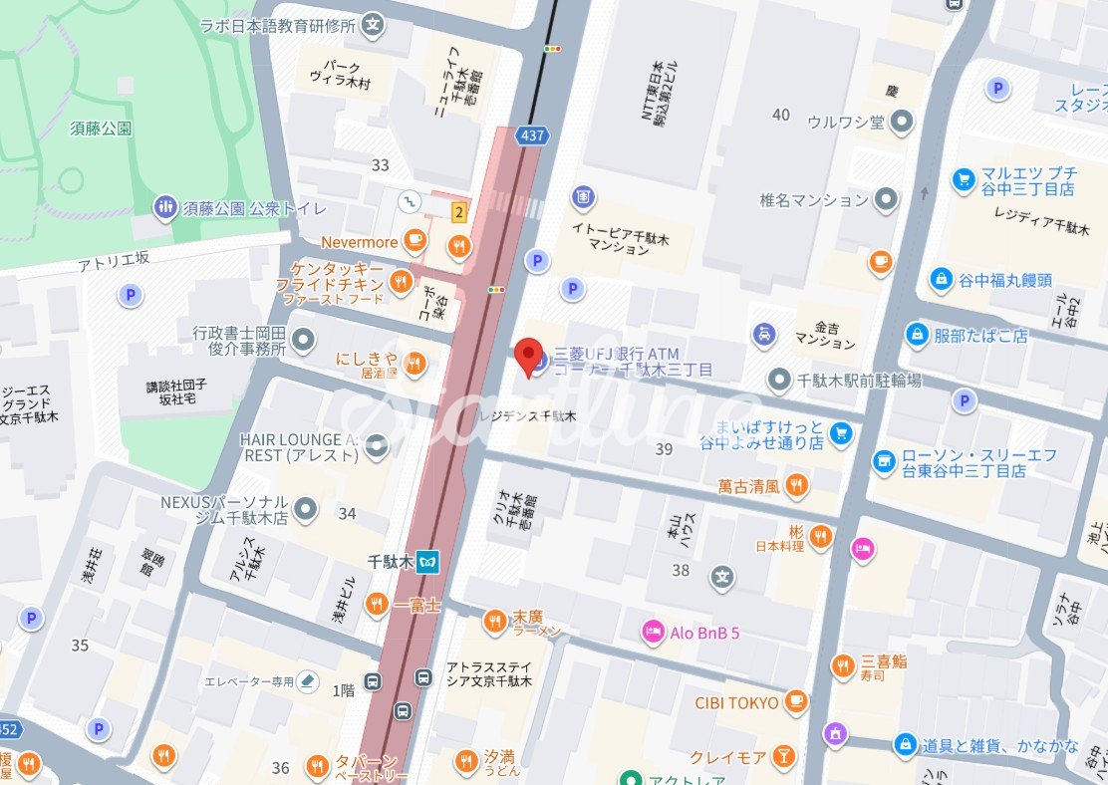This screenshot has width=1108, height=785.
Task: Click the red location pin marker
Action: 528,357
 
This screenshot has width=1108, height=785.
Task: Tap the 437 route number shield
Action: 529,133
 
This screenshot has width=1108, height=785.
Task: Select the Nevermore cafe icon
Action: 415,240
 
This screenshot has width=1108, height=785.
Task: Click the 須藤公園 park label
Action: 102,128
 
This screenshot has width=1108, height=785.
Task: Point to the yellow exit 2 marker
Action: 458,211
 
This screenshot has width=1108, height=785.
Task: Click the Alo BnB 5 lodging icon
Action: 654,632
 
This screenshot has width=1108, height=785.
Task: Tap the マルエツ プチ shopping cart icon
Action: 963,179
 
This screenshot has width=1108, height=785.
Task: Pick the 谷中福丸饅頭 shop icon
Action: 940,280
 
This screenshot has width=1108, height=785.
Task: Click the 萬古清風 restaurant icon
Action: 795,486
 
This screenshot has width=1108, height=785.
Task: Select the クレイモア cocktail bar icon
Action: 783,757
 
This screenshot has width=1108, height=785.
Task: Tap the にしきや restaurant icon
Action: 415,365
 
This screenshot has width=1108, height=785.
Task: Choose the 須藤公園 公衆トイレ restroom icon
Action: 165,207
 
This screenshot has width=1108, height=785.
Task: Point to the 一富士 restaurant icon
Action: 376,604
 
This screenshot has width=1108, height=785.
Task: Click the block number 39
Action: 665,450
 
